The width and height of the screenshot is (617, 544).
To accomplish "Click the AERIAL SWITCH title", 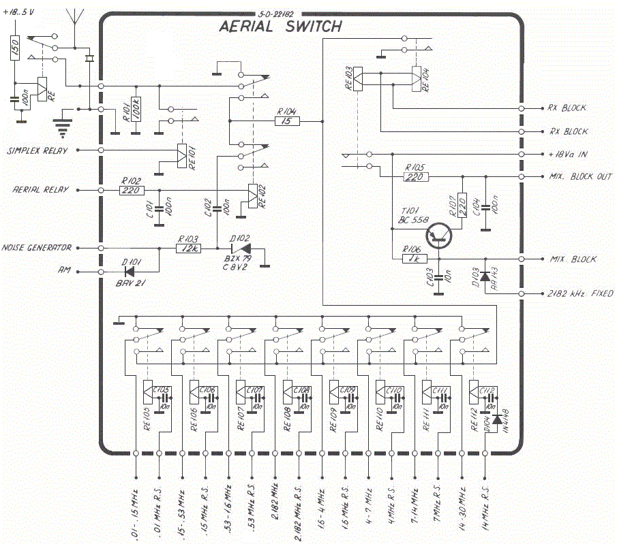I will [x=280, y=27].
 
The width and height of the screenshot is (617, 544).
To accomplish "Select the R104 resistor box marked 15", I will [x=287, y=121].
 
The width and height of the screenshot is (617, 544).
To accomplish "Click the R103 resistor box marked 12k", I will [x=188, y=249].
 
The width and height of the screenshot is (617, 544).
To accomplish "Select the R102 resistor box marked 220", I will [x=132, y=190].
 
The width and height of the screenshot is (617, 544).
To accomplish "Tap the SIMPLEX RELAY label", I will [x=37, y=150].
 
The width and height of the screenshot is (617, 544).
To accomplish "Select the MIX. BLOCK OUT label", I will [x=581, y=177].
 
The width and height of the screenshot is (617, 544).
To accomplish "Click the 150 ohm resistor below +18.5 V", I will [x=14, y=48].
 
